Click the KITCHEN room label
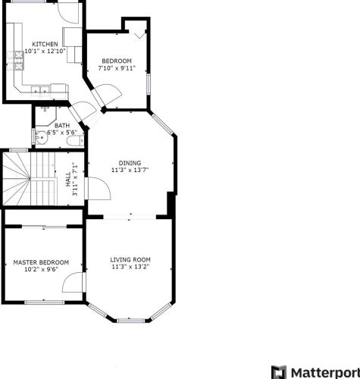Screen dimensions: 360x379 click(45, 44)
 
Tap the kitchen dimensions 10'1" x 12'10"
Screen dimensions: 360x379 click(45, 51)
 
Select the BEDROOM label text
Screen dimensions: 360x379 click(117, 61)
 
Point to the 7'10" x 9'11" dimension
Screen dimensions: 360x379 click(117, 68)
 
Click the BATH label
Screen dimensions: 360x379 click(62, 126)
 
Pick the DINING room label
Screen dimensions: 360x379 click(130, 163)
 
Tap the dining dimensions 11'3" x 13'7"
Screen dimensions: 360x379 click(130, 170)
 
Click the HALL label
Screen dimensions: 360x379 click(68, 180)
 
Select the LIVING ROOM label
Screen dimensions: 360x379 click(130, 259)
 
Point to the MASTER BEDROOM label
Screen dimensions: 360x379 click(41, 262)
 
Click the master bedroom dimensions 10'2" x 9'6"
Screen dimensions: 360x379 click(41, 269)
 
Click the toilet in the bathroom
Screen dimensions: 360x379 click(75, 140)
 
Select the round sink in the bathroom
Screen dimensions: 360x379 click(41, 138)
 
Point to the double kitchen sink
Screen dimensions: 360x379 click(40, 90)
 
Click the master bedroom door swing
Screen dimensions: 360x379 click(73, 282)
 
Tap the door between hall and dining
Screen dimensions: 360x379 click(98, 188)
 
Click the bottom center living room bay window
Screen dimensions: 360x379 click(131, 321)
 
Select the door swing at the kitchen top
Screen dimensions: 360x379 click(68, 13)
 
